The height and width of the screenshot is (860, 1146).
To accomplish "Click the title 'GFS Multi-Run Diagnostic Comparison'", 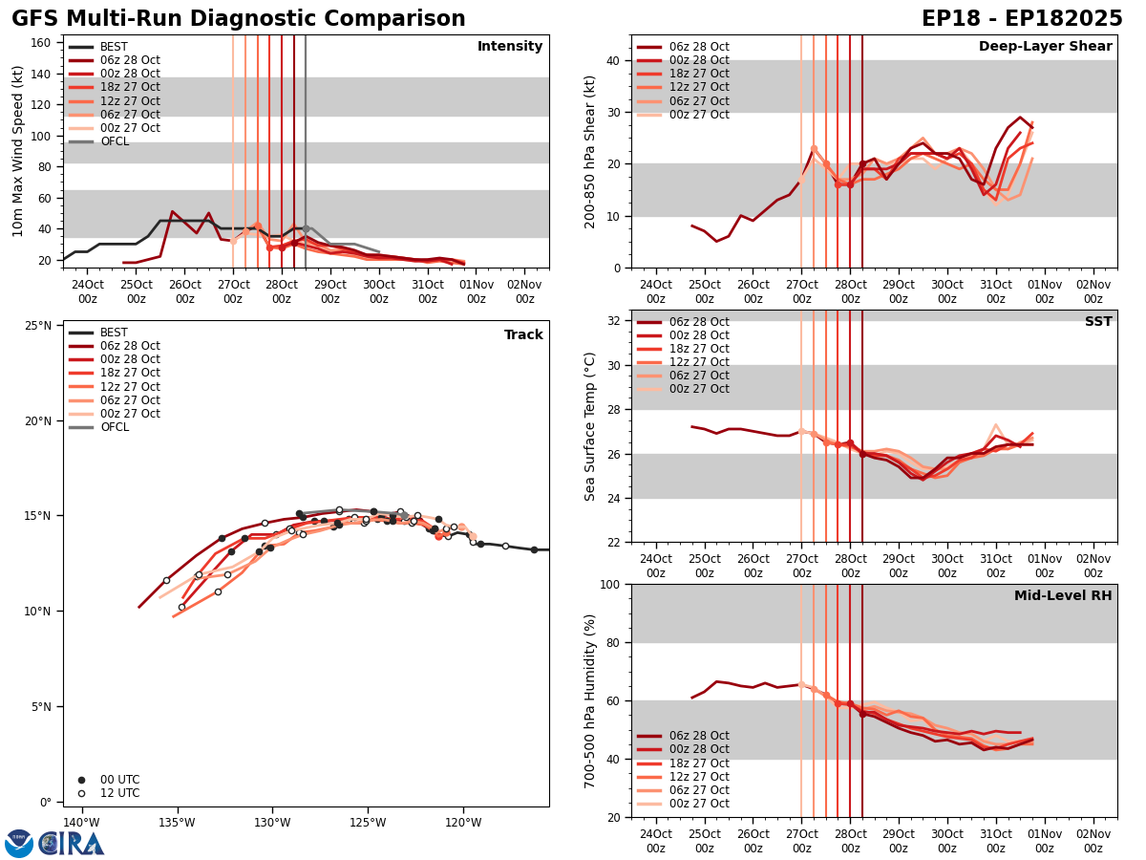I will [238, 19].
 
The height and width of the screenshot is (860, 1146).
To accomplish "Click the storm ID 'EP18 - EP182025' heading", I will [1022, 19].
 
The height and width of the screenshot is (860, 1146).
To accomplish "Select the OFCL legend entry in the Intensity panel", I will [114, 141].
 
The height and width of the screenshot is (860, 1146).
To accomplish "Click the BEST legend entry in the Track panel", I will [113, 333].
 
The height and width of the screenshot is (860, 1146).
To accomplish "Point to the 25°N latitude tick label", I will [38, 326].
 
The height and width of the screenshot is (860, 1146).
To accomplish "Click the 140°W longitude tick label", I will [81, 823].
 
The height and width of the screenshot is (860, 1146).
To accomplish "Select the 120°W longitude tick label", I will [462, 823].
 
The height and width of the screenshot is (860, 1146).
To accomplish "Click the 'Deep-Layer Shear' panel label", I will [1045, 47].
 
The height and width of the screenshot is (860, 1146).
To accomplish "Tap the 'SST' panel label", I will [1098, 322].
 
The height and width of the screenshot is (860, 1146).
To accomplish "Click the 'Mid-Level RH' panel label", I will [1063, 596].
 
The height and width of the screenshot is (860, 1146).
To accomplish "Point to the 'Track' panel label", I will [523, 334].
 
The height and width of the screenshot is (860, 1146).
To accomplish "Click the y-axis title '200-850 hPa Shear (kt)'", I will [590, 151].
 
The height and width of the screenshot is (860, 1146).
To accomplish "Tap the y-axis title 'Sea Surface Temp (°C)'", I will [590, 425].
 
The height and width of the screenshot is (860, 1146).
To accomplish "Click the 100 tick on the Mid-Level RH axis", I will [612, 584].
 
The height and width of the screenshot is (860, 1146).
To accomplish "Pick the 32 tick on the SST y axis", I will [615, 320].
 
